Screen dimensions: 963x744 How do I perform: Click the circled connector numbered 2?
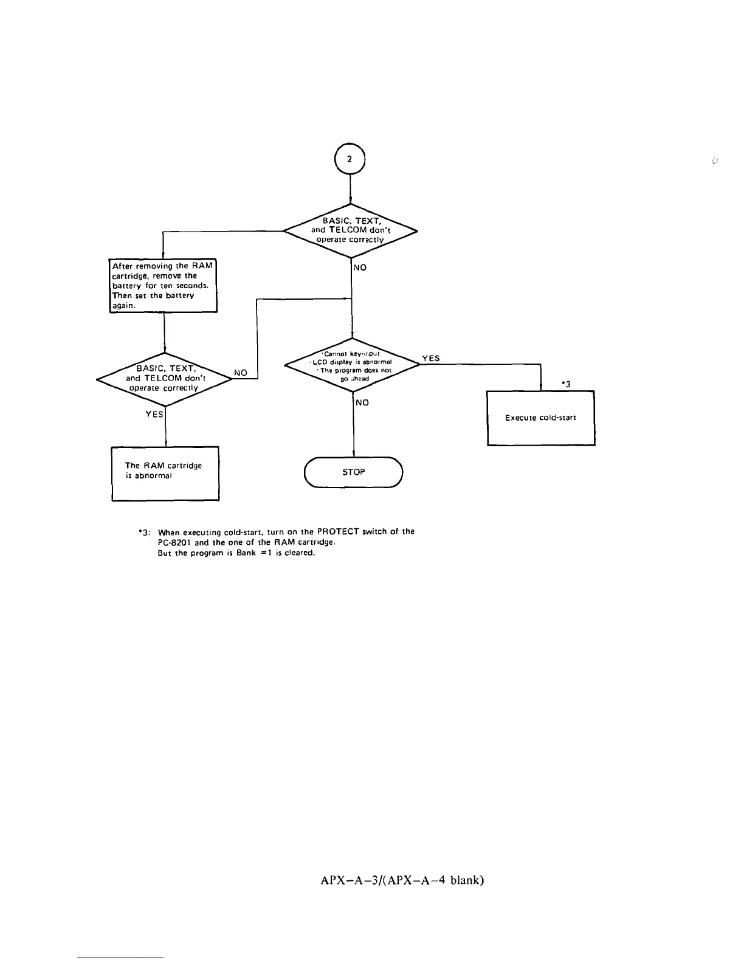click(350, 159)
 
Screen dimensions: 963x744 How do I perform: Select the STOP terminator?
click(353, 472)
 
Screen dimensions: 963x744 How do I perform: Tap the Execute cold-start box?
click(540, 418)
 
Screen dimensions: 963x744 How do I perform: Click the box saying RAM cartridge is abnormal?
click(165, 473)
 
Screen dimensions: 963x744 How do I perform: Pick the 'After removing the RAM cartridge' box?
click(163, 286)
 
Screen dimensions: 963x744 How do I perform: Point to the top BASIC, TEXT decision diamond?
click(351, 230)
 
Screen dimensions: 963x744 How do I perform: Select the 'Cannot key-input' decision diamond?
click(352, 366)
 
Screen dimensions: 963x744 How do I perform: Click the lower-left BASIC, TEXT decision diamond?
click(165, 379)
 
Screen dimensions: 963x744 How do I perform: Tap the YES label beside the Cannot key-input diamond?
click(430, 359)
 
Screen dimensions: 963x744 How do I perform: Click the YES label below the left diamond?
click(154, 414)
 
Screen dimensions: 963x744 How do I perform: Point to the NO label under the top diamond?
click(360, 267)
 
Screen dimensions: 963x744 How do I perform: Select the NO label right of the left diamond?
click(241, 373)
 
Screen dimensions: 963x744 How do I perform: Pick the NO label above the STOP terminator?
click(362, 402)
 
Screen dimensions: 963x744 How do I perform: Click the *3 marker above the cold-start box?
click(566, 383)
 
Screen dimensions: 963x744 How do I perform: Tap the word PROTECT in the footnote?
click(338, 531)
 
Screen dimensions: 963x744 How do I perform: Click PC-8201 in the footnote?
click(175, 542)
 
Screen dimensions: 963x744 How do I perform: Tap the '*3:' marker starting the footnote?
click(144, 532)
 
